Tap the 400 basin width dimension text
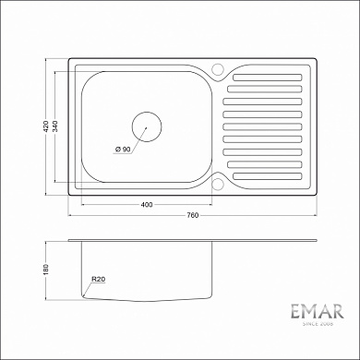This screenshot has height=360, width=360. pos(147,204)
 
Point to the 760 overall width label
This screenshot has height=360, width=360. pos(192,217)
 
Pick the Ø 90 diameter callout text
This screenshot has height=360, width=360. pos(124,150)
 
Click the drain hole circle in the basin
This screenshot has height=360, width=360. pos(146,126)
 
